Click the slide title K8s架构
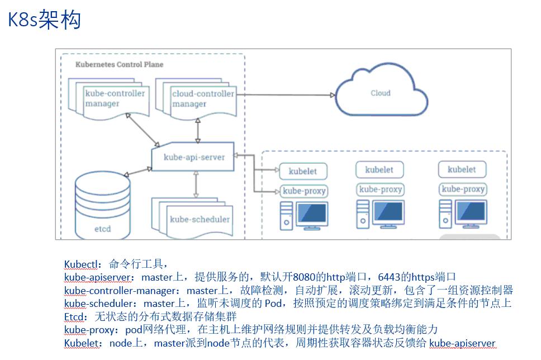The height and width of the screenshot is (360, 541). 44,20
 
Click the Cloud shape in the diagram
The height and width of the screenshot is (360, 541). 380,92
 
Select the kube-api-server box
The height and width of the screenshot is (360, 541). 194,157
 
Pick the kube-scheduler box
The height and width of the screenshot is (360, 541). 200,219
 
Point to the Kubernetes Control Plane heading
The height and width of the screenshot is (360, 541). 119,64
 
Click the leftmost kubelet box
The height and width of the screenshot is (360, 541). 302,172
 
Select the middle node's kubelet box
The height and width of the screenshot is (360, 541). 379,170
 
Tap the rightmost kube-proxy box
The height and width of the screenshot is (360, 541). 463,189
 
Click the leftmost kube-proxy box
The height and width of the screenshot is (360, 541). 304,191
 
